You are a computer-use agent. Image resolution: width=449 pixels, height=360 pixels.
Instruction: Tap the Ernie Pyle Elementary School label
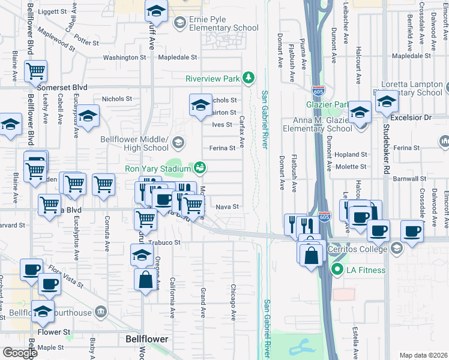click(x=216, y=23)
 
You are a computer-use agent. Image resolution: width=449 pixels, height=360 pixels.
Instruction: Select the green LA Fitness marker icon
click(x=337, y=270)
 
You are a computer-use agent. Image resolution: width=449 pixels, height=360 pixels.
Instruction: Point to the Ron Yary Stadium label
click(x=157, y=169)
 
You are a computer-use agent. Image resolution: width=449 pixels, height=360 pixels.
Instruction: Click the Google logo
click(x=20, y=352)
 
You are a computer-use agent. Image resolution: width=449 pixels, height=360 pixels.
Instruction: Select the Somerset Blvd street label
click(x=62, y=87)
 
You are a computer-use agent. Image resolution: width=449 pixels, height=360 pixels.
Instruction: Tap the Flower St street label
click(x=54, y=331)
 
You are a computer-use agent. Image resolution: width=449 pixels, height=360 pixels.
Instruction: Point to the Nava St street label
click(x=228, y=206)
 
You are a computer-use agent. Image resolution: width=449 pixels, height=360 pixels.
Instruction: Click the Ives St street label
click(x=221, y=124)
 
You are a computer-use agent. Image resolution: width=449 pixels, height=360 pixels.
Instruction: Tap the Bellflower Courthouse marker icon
click(x=101, y=312)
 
